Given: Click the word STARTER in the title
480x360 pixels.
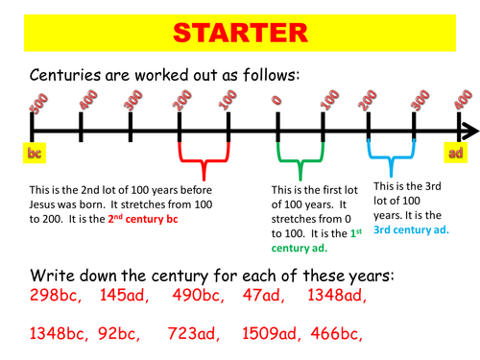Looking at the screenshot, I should [x=240, y=36].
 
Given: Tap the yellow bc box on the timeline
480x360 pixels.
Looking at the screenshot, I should [x=33, y=153].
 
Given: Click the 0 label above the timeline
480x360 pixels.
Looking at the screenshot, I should [x=276, y=100].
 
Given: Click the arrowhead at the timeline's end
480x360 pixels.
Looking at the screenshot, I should [x=469, y=130].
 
